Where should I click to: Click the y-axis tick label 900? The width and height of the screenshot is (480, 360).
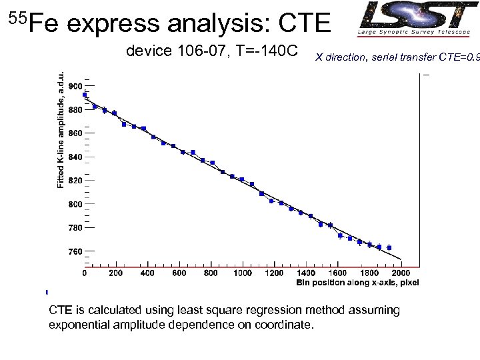pyautogui.click(x=75, y=86)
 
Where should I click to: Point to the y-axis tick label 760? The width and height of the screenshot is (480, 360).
pyautogui.click(x=75, y=251)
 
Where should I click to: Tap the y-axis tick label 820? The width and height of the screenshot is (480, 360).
pyautogui.click(x=75, y=181)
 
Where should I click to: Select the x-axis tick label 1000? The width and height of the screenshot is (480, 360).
pyautogui.click(x=243, y=273)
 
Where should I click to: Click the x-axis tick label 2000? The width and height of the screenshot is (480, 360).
pyautogui.click(x=401, y=273)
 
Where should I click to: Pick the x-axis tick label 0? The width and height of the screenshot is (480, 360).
pyautogui.click(x=84, y=273)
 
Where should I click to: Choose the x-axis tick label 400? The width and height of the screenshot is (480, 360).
pyautogui.click(x=147, y=273)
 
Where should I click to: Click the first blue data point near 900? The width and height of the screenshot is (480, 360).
pyautogui.click(x=85, y=95)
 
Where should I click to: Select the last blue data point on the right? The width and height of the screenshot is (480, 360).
pyautogui.click(x=389, y=247)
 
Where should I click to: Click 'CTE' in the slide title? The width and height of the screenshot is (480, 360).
pyautogui.click(x=304, y=24)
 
